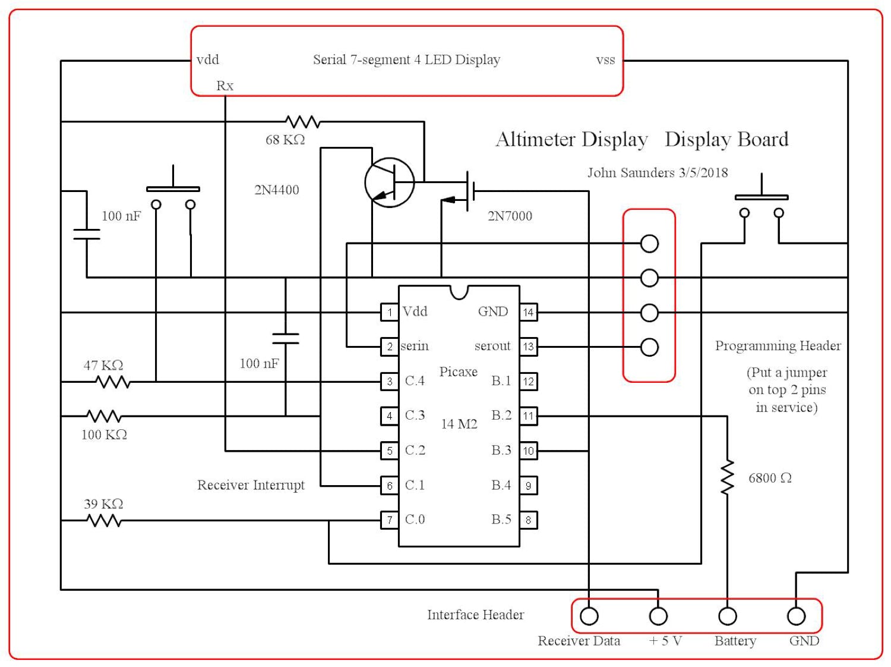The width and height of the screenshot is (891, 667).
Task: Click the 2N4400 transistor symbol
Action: click(389, 183)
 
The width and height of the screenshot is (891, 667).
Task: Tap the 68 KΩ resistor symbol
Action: click(302, 122)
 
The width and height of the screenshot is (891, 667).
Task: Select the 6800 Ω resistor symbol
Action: click(727, 477)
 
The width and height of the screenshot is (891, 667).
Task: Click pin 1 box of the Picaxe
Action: click(390, 312)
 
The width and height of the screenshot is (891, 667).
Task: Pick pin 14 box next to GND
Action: click(528, 312)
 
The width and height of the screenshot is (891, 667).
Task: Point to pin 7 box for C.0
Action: click(390, 520)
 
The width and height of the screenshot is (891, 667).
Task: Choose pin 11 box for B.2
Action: click(528, 416)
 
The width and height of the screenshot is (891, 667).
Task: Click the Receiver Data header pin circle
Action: click(589, 616)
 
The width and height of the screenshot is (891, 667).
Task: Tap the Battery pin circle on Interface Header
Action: click(727, 616)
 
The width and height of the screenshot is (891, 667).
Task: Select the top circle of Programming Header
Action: click(649, 243)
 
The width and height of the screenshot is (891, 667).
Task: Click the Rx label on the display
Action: click(225, 86)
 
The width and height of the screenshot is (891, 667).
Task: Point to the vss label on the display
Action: click(605, 59)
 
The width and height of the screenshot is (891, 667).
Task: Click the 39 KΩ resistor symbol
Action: click(104, 521)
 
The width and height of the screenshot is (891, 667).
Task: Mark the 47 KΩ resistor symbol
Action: click(113, 382)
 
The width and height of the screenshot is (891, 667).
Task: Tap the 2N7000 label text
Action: click(510, 216)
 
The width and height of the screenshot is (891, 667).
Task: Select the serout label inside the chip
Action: click(492, 346)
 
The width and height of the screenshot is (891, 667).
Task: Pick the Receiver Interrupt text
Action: click(251, 485)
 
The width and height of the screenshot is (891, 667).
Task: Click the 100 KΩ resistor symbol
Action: click(104, 416)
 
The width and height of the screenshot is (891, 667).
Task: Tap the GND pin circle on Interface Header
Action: click(796, 616)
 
